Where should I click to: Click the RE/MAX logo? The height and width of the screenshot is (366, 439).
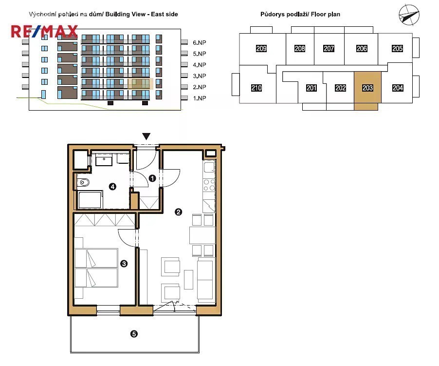pyautogui.click(x=44, y=31)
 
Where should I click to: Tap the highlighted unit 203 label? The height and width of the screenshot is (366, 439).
pyautogui.click(x=367, y=88)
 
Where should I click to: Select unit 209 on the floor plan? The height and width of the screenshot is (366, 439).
pyautogui.click(x=261, y=48)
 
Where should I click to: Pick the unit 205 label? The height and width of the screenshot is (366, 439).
pyautogui.click(x=397, y=48)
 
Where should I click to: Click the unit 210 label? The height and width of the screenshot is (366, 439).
pyautogui.click(x=256, y=88)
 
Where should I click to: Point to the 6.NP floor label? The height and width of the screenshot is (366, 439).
pyautogui.click(x=200, y=42)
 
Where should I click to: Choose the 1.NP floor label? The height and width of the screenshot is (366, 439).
pyautogui.click(x=200, y=98)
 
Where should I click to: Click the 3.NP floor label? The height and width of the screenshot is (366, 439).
pyautogui.click(x=200, y=76)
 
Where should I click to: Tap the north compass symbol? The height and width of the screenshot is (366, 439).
pyautogui.click(x=409, y=15)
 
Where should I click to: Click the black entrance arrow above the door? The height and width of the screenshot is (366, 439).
pyautogui.click(x=146, y=136)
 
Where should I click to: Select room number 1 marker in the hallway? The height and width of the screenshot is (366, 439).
pyautogui.click(x=152, y=178)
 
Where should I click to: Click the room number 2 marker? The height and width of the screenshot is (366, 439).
pyautogui.click(x=178, y=212)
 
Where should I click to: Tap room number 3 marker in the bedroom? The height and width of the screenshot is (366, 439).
pyautogui.click(x=124, y=264)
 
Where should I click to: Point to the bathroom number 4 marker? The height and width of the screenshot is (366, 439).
pyautogui.click(x=112, y=186)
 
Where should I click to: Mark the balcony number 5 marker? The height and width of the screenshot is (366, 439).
pyautogui.click(x=134, y=334)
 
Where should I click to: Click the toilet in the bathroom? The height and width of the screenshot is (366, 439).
pyautogui.click(x=83, y=182)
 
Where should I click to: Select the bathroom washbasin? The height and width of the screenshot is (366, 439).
pyautogui.click(x=104, y=160)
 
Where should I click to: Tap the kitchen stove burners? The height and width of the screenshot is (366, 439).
pyautogui.click(x=209, y=185)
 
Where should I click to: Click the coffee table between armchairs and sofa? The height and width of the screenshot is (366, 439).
pyautogui.click(x=188, y=279)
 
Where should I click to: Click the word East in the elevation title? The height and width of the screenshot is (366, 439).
pyautogui.click(x=158, y=14)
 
